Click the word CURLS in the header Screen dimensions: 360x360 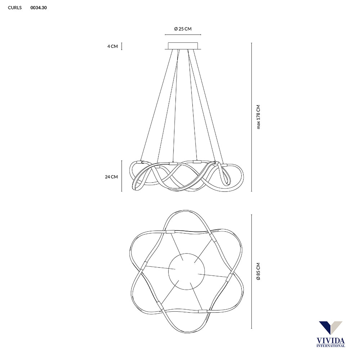(x=15, y=8)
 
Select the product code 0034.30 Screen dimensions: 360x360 (x=39, y=8)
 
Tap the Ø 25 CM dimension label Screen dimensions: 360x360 (x=183, y=29)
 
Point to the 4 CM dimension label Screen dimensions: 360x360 (x=112, y=46)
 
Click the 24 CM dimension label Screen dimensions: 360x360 (x=111, y=177)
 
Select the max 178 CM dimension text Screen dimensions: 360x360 (x=258, y=117)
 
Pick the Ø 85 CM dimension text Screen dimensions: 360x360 (x=258, y=271)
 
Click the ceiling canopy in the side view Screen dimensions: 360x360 (x=183, y=46)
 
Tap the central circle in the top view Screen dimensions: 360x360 (x=186, y=271)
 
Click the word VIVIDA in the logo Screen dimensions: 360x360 (x=330, y=341)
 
